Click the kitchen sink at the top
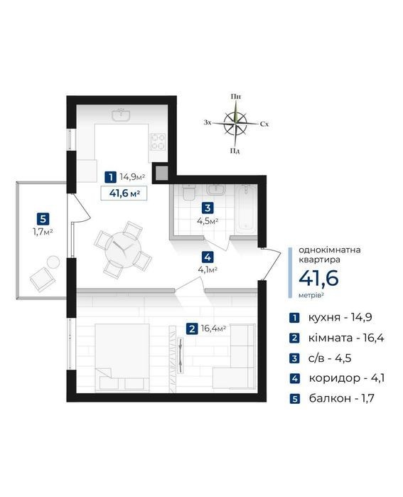121,115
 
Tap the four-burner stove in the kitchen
158,141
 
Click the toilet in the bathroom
189,192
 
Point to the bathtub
247,208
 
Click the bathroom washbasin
216,189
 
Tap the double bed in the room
122,357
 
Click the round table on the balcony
53,262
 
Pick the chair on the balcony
43,279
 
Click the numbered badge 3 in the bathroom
208,208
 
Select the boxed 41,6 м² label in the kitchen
124,193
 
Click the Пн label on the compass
235,97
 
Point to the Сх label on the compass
264,124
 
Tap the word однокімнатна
330,250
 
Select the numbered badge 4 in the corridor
208,257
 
